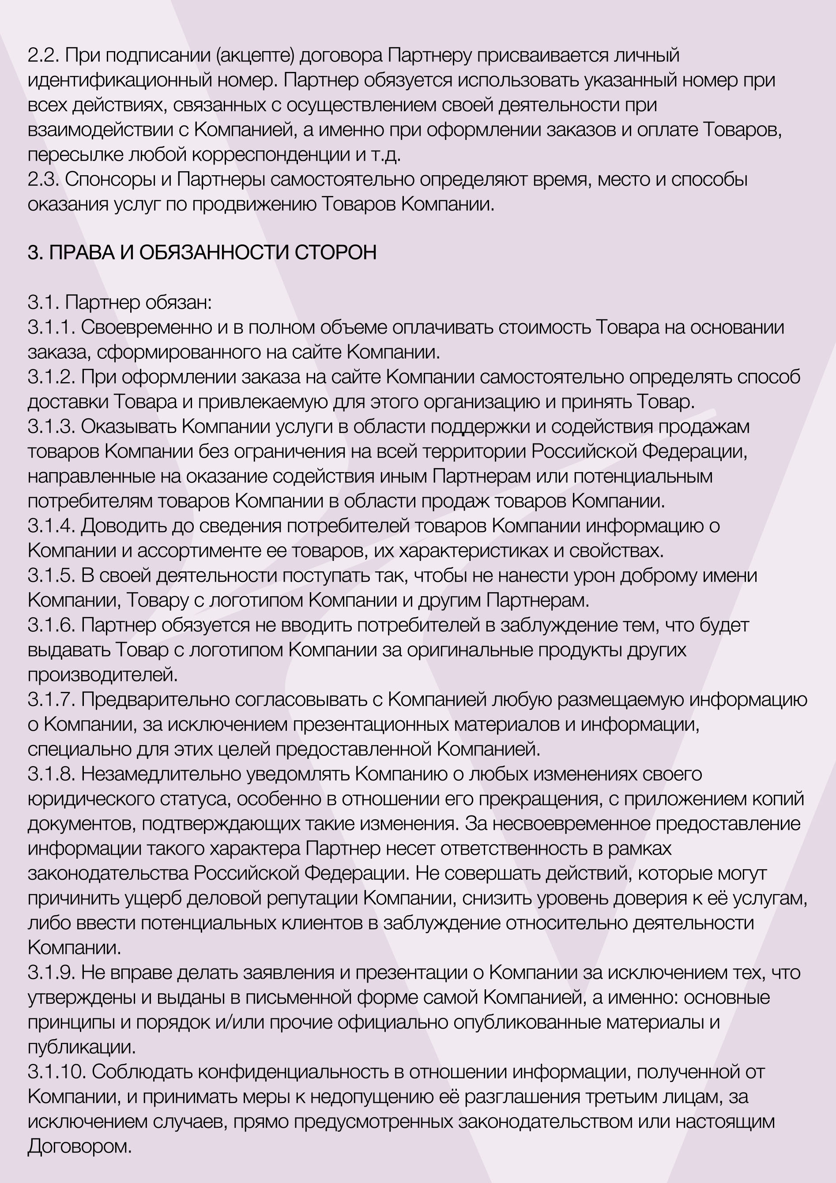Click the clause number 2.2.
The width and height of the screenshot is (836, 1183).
coord(43,55)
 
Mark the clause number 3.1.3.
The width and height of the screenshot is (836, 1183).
coord(52,427)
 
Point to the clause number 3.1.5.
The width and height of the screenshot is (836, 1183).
coord(52,575)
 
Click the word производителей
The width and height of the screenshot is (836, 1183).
coord(102,675)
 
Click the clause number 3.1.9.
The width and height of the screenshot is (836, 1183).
coord(52,973)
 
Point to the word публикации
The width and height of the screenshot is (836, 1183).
coord(81,1048)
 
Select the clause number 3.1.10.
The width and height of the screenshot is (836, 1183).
coord(56,1072)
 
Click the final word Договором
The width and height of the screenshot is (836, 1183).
coord(79,1147)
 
